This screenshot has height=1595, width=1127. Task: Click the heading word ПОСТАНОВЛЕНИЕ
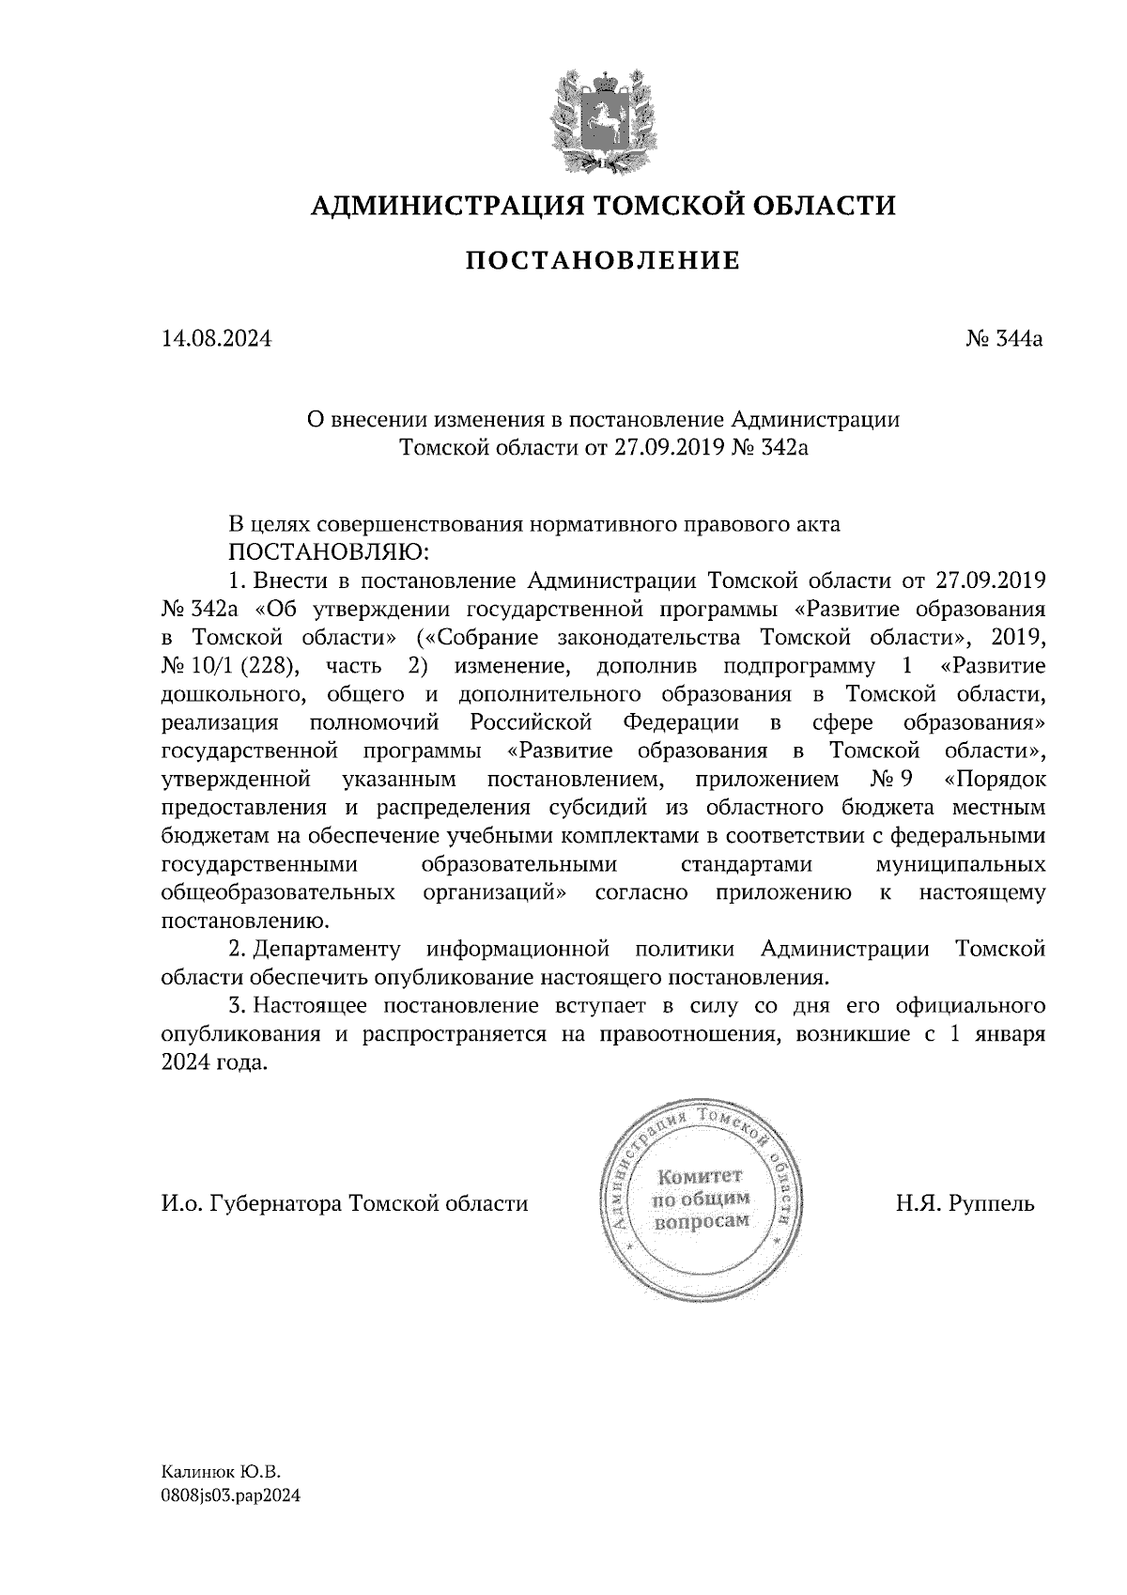(x=602, y=260)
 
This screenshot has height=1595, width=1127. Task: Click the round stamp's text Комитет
(x=699, y=1176)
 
